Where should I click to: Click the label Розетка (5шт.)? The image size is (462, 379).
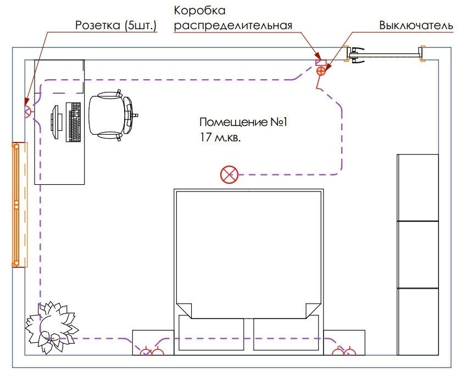tap(116, 26)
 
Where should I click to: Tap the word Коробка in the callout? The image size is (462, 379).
tap(200, 11)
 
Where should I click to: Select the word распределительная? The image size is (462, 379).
tap(233, 26)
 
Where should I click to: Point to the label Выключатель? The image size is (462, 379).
tap(416, 26)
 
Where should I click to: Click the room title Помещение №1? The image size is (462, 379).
tap(243, 122)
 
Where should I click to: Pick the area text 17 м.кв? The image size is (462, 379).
tap(220, 138)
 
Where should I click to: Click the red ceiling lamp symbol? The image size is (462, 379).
tap(229, 174)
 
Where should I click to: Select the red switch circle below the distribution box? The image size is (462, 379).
tap(321, 71)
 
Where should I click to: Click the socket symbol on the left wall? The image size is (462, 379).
tap(27, 112)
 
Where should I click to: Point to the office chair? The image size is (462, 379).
tap(112, 115)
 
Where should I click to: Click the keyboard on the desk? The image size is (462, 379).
tap(73, 122)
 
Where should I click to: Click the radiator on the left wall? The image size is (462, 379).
tap(19, 205)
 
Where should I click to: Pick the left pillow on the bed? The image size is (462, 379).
tap(211, 332)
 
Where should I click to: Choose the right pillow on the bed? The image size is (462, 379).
tap(286, 332)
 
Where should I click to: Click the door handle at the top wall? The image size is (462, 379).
tap(355, 54)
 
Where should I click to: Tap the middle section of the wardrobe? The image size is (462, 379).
tap(418, 255)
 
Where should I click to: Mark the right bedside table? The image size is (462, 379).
tap(344, 343)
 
